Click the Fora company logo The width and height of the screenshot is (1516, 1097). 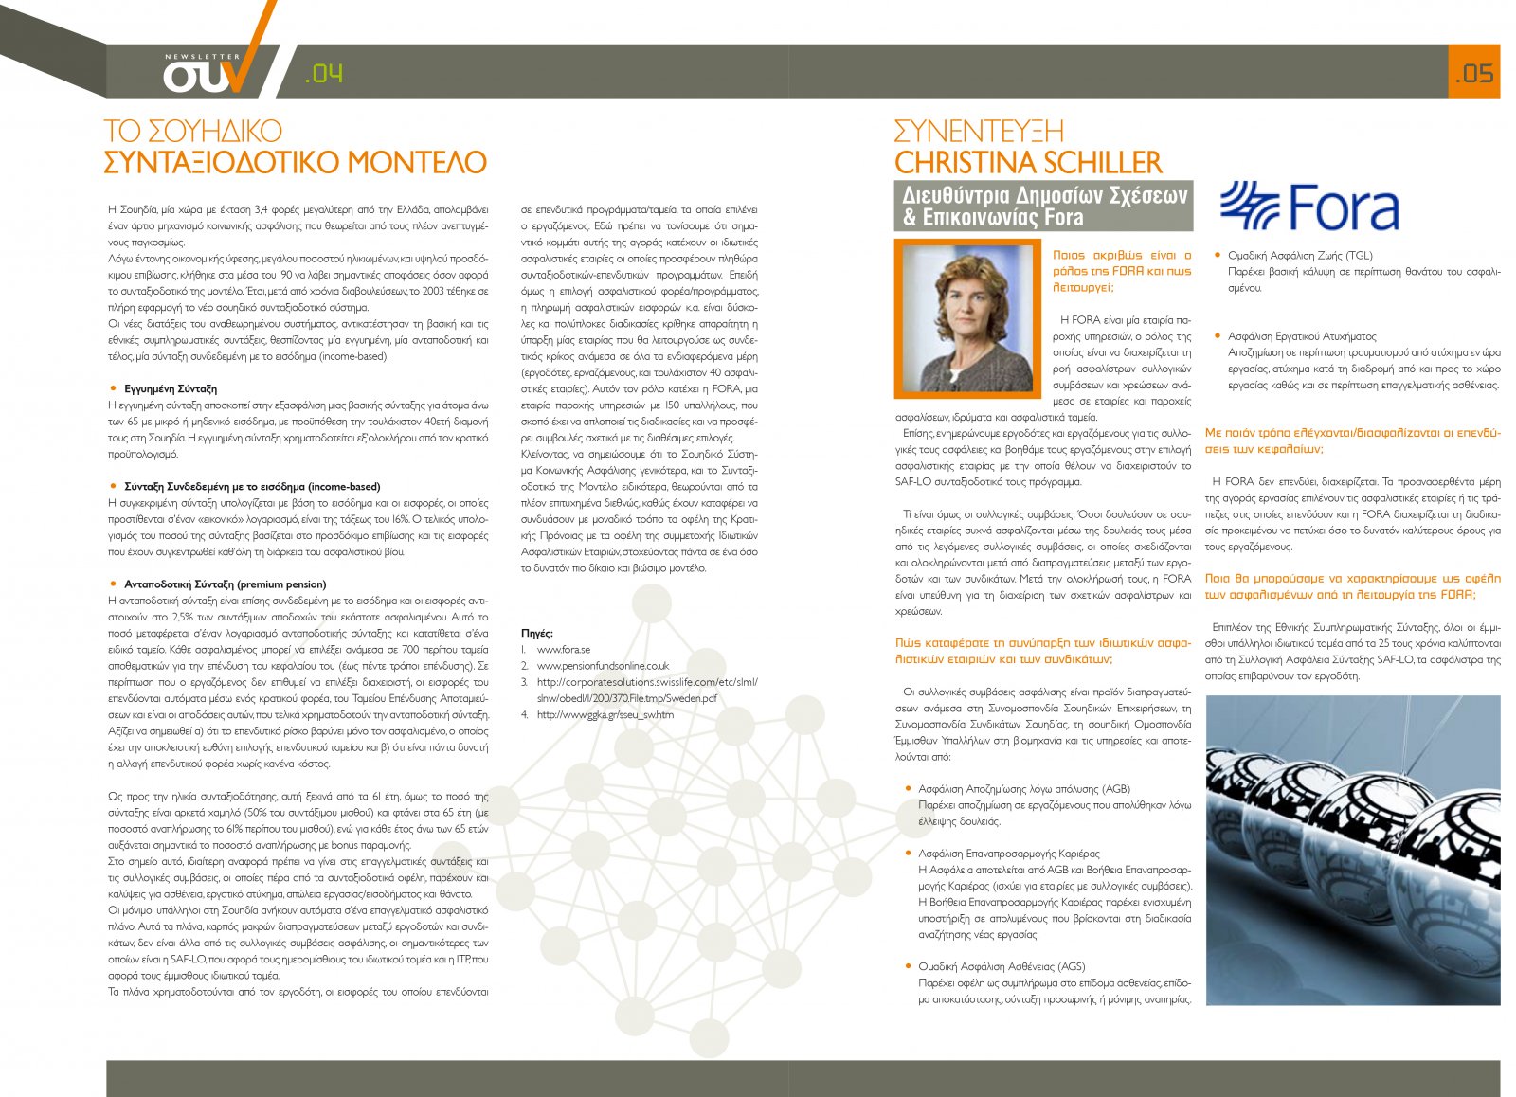click(1308, 207)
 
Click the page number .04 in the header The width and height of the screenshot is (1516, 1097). click(324, 74)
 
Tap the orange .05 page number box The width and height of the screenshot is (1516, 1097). click(1473, 72)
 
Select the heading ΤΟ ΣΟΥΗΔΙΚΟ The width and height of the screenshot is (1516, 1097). click(193, 131)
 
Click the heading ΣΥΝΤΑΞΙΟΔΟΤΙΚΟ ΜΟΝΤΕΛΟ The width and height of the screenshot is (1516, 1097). click(295, 162)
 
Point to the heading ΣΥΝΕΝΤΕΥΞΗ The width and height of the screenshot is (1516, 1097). click(979, 131)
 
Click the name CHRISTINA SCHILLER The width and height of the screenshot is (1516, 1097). click(1027, 162)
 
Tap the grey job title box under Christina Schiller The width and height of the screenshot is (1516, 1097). click(1042, 206)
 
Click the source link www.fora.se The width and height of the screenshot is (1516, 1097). click(563, 649)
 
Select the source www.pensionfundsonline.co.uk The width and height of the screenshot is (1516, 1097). click(603, 665)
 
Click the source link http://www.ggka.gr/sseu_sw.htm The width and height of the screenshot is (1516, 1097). click(605, 714)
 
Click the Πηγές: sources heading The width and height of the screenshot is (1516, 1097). click(537, 633)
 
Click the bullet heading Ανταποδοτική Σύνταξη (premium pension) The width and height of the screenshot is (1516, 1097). click(225, 584)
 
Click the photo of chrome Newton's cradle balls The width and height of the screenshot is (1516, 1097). click(1352, 850)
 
